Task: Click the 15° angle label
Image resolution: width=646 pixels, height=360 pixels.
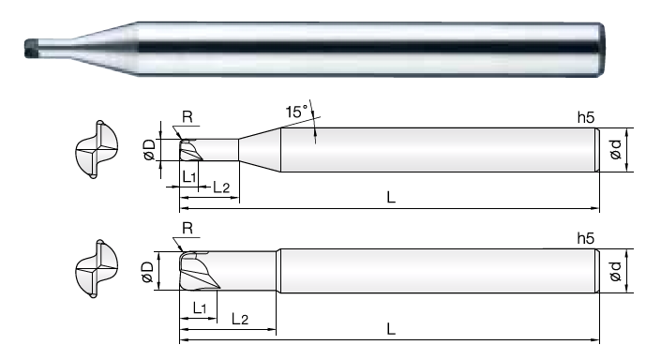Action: click(x=296, y=112)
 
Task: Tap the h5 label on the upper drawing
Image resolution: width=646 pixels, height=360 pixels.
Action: click(x=586, y=117)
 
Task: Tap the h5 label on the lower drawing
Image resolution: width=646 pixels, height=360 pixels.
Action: click(x=586, y=238)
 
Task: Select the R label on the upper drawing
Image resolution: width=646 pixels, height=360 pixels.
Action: click(x=187, y=117)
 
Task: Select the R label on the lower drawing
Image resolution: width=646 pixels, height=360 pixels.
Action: click(x=188, y=228)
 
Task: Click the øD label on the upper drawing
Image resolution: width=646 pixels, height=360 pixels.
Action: click(x=149, y=149)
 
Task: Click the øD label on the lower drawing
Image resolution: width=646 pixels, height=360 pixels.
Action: click(x=147, y=272)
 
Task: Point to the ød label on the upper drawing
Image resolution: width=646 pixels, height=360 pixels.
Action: click(x=615, y=149)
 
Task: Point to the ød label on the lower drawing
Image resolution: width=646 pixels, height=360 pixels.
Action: click(x=615, y=271)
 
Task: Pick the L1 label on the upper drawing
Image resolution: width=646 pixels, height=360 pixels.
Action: click(x=189, y=177)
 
